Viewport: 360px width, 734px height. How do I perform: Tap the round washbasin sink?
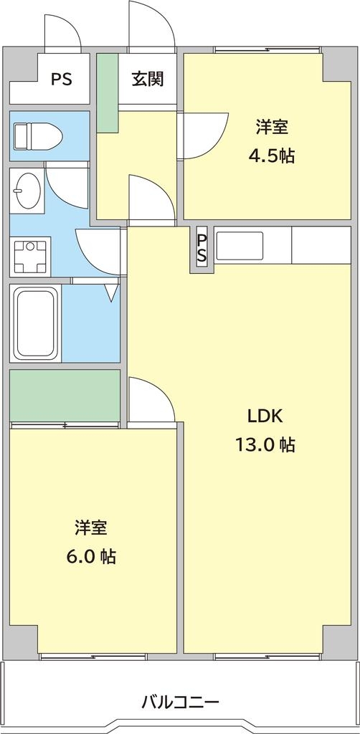(x=27, y=190)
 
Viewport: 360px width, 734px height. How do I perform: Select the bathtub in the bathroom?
(x=36, y=323)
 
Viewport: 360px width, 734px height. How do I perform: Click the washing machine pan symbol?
(x=30, y=257)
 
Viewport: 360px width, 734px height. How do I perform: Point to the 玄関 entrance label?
(x=148, y=79)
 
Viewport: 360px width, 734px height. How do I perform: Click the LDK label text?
(x=265, y=416)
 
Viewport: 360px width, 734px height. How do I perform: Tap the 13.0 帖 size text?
(x=265, y=444)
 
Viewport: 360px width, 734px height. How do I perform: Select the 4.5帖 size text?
(x=272, y=156)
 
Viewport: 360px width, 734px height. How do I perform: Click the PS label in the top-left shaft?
(x=62, y=79)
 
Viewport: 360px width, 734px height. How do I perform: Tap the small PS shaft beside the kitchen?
(x=202, y=249)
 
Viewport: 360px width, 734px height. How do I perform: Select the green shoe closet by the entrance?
(x=107, y=92)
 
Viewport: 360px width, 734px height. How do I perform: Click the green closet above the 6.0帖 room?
(x=65, y=395)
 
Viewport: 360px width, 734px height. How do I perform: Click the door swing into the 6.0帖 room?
(x=151, y=401)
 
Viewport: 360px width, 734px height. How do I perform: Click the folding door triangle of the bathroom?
(x=111, y=292)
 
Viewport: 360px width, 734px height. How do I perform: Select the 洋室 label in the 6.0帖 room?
(x=91, y=528)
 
